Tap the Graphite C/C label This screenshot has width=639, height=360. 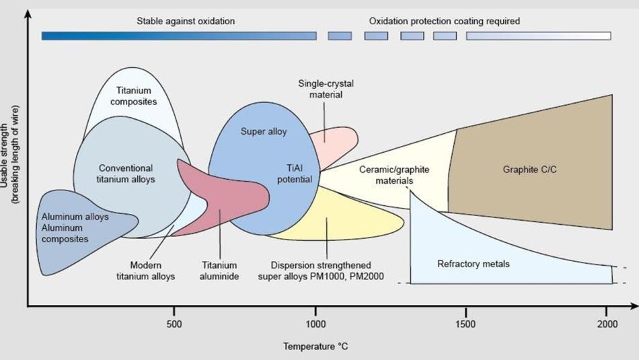pyautogui.click(x=530, y=170)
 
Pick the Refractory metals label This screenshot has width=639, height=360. pyautogui.click(x=474, y=264)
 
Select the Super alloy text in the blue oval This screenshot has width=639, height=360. pyautogui.click(x=264, y=131)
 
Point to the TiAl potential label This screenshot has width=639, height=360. pyautogui.click(x=295, y=174)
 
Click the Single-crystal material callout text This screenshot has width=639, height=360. pyautogui.click(x=326, y=89)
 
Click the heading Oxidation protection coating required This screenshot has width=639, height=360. pyautogui.click(x=444, y=21)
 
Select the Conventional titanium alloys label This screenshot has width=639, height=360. pyautogui.click(x=126, y=174)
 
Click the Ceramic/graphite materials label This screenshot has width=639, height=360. pyautogui.click(x=394, y=175)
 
